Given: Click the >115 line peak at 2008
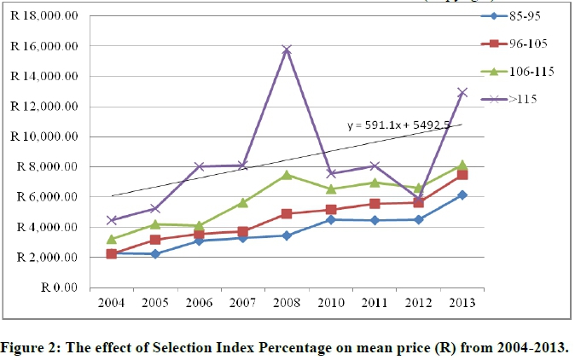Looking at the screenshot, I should pos(311,49).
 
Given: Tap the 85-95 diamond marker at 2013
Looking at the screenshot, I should pos(462,195).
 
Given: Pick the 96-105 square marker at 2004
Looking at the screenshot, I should pos(111,254).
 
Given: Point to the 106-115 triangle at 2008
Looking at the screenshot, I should pos(311,175).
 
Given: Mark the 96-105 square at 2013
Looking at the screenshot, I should pos(462,174).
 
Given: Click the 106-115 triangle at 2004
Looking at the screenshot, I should pos(111,239).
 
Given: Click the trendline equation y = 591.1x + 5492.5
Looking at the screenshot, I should pos(398,125).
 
